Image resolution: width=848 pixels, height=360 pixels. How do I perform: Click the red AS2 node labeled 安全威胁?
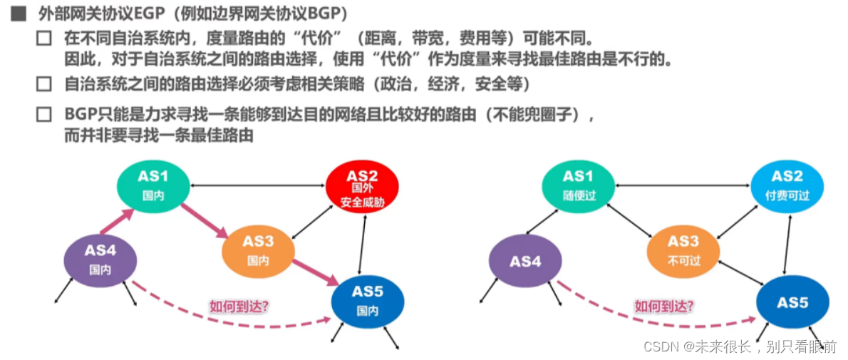pos(362,187)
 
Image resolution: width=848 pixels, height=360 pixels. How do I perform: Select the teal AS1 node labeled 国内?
pos(152,185)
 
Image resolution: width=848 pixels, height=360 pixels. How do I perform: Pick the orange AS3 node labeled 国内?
pos(258,250)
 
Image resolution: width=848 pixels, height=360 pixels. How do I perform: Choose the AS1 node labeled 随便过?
pos(578,185)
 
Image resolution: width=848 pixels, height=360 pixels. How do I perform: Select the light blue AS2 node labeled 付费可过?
pos(787,185)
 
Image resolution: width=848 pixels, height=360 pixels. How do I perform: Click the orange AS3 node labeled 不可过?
pos(683,250)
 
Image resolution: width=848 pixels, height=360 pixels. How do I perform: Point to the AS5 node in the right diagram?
pos(792,302)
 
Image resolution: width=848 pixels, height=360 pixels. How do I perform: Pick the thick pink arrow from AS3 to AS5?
pos(315,269)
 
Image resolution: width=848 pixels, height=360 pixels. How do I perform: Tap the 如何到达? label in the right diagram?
pos(663,307)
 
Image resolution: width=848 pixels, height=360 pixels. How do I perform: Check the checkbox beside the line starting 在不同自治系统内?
pos(44,38)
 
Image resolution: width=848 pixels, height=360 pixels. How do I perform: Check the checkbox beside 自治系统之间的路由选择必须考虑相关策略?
pos(44,84)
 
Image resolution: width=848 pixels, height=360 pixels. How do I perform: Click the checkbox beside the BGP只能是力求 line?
pos(44,114)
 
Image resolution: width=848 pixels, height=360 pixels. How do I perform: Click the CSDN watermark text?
pos(739,346)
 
